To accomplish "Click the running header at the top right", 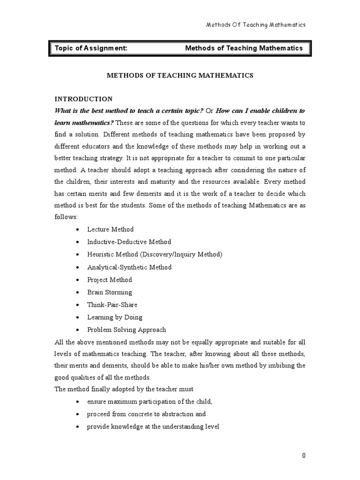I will [x=256, y=25].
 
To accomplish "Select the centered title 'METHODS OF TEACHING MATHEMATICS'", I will [x=180, y=75].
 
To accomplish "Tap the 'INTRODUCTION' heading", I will [x=83, y=99].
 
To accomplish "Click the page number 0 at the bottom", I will [x=304, y=455].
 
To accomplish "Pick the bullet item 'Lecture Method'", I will [x=110, y=229].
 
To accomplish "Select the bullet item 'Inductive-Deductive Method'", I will [x=129, y=242].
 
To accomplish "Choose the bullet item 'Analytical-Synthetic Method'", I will [x=129, y=267].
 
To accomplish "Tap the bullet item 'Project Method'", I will [x=110, y=280].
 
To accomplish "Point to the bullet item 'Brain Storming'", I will [x=110, y=292].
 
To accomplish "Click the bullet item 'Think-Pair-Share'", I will [x=112, y=305].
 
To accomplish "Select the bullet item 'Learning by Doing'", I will [x=115, y=317].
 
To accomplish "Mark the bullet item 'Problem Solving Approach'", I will [x=127, y=330].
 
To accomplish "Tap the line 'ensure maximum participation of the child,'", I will [x=150, y=402].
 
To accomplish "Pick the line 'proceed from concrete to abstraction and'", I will [x=146, y=414].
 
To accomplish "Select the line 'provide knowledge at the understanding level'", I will [x=153, y=427].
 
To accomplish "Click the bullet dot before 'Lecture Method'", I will [x=77, y=230].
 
